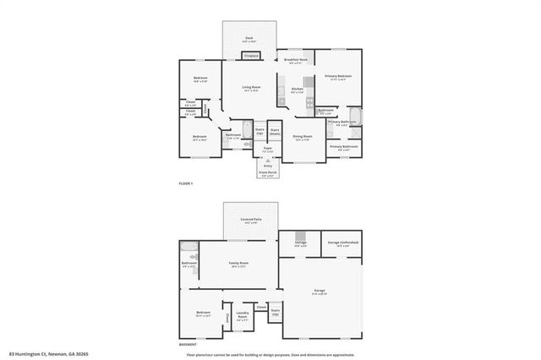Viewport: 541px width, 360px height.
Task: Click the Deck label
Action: click(249, 39)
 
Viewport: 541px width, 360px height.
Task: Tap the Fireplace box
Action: click(251, 56)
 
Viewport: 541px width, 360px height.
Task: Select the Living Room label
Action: click(251, 88)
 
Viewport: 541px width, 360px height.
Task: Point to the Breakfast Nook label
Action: click(297, 61)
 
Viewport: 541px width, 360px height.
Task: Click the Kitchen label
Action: click(298, 90)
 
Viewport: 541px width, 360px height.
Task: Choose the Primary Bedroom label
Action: click(339, 77)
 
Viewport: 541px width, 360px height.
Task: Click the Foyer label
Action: click(267, 149)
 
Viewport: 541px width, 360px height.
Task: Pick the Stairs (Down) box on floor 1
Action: click(275, 133)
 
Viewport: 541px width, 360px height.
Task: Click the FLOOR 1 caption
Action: click(186, 184)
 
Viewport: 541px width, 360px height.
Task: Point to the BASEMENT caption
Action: click(189, 345)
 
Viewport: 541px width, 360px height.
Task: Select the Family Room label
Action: click(239, 264)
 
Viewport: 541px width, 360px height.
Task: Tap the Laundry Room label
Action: click(243, 318)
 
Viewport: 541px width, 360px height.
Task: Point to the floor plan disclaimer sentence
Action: click(270, 354)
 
